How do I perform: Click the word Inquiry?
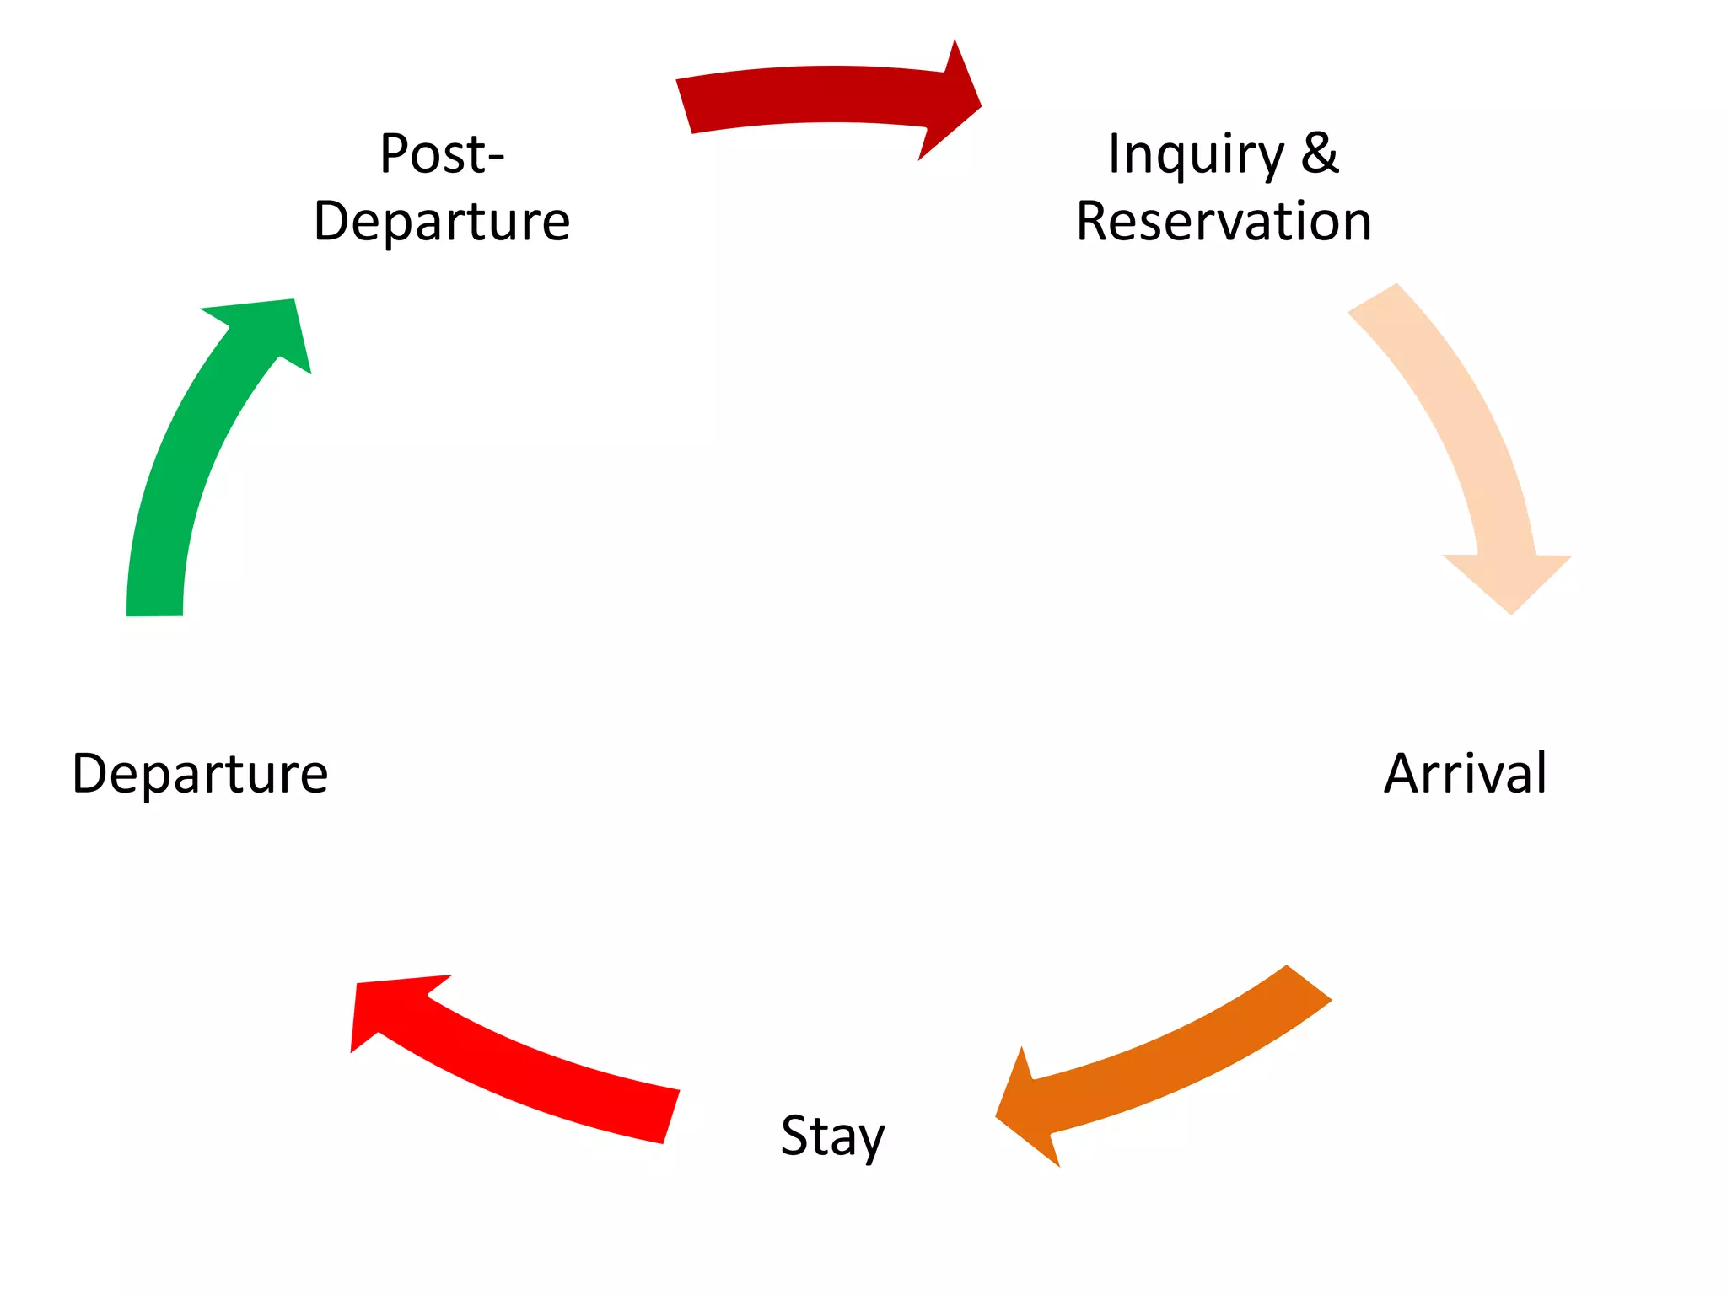(1196, 156)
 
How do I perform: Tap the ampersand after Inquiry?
(1320, 153)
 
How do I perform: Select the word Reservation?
(1224, 221)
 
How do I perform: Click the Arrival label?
(1466, 773)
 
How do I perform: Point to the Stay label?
(833, 1136)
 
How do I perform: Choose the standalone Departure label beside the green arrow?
(200, 773)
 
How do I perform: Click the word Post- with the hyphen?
(442, 153)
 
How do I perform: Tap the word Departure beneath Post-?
(442, 221)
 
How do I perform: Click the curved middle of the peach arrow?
(1467, 422)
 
